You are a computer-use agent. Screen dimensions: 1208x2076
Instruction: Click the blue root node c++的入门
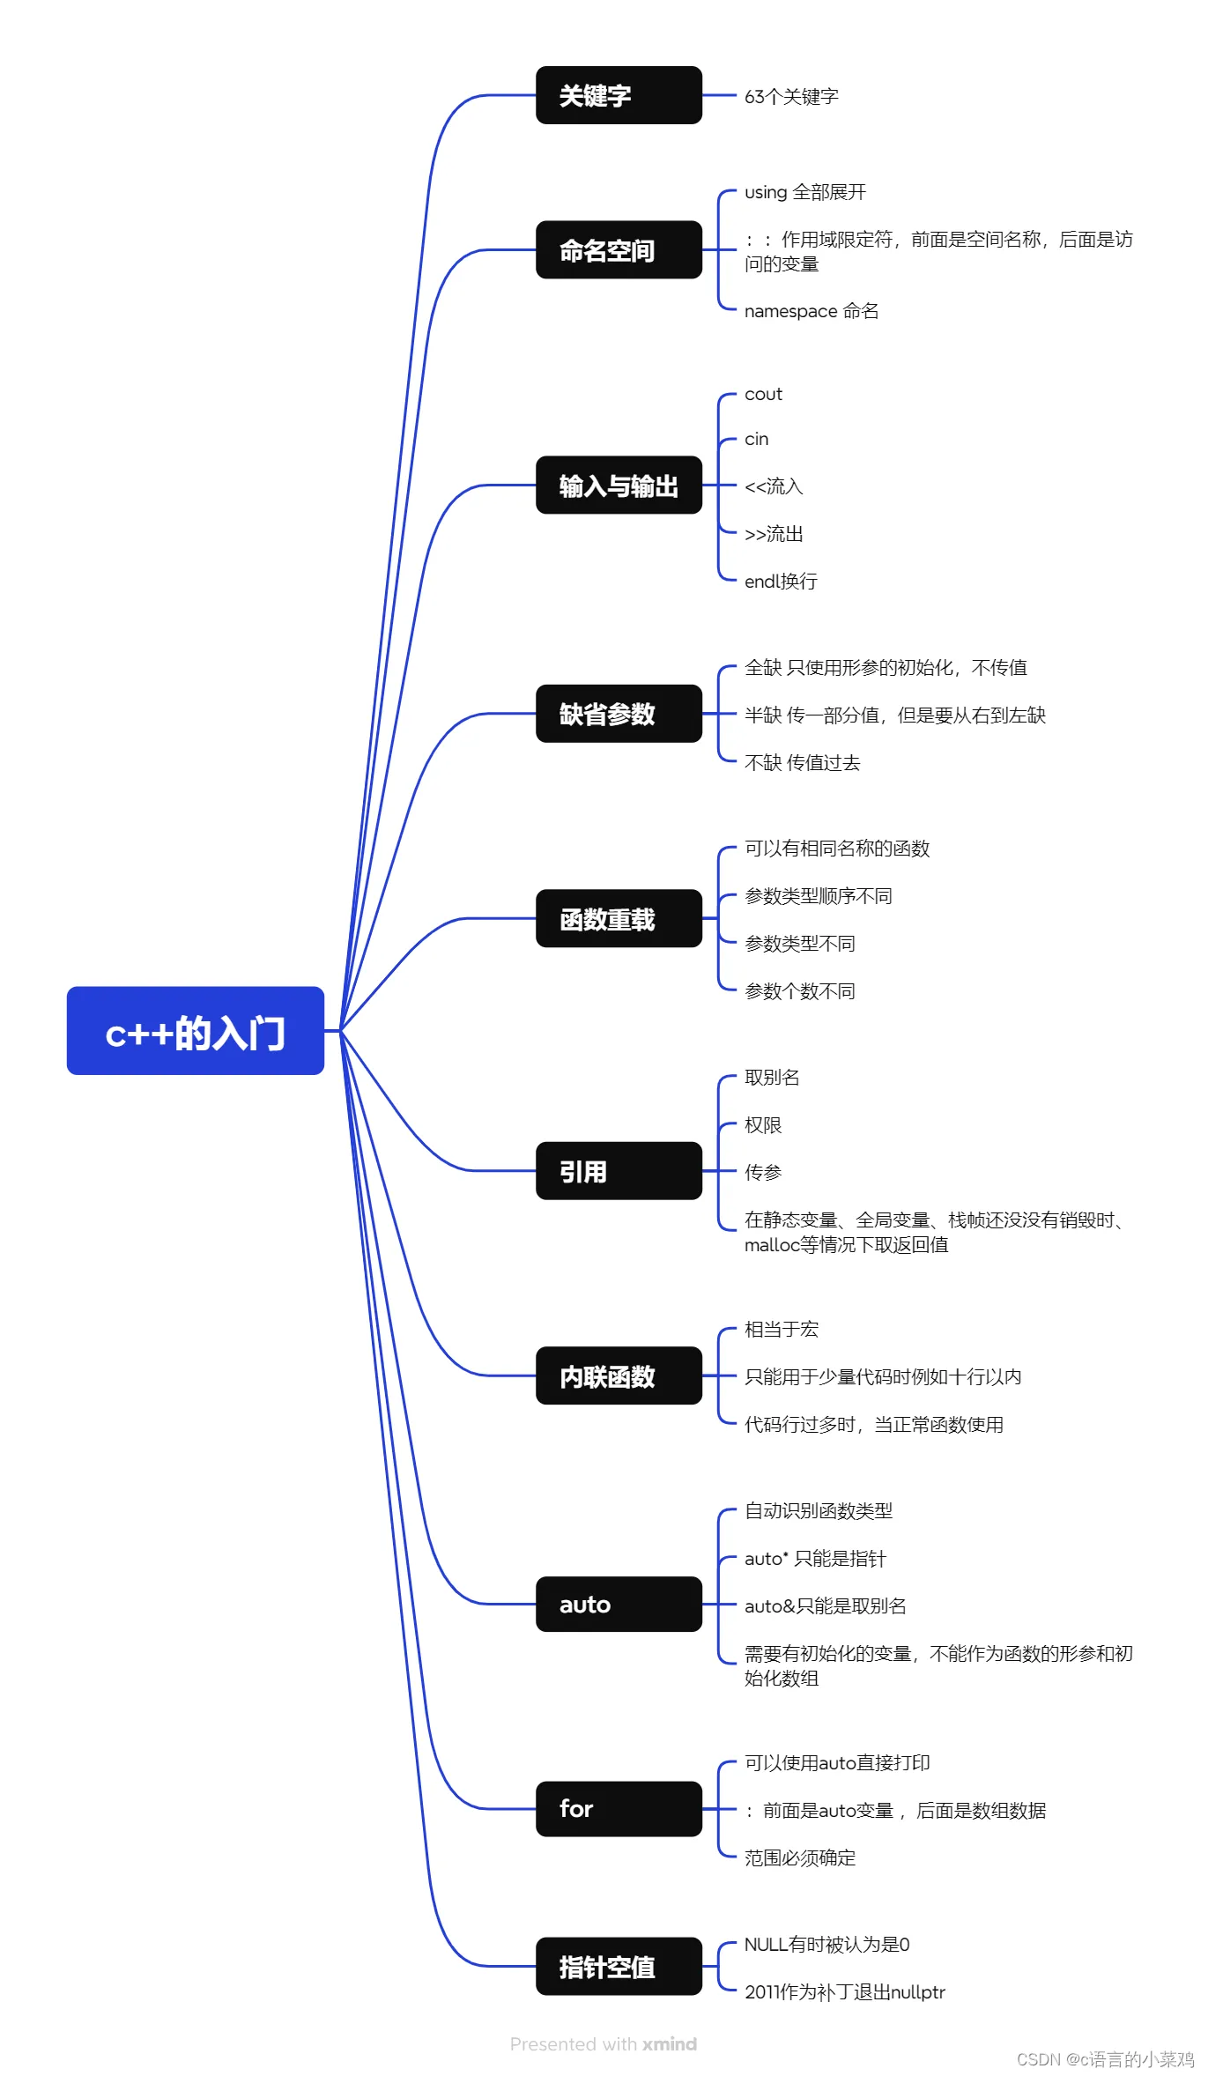click(x=196, y=1030)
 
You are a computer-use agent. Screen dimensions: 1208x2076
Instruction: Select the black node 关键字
click(x=619, y=95)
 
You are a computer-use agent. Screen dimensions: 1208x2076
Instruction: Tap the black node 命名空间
click(x=619, y=250)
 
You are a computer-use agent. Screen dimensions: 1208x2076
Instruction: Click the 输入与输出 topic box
click(x=619, y=485)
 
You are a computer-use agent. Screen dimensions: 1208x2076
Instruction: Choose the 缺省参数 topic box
click(x=619, y=714)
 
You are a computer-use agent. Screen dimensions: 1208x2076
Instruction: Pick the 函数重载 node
click(x=619, y=918)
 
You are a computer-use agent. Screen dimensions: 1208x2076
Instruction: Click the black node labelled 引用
click(x=619, y=1171)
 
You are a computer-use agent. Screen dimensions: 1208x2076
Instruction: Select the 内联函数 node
click(x=619, y=1375)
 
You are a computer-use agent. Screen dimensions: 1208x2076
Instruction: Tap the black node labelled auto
click(x=619, y=1605)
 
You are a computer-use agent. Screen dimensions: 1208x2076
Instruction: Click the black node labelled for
click(x=619, y=1809)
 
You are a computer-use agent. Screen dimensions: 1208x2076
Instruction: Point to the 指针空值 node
click(x=619, y=1966)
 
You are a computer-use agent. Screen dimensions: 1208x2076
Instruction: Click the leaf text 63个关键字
click(x=791, y=96)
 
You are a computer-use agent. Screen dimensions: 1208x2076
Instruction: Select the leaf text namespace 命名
click(x=812, y=311)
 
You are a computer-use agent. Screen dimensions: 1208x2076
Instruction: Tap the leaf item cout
click(x=763, y=394)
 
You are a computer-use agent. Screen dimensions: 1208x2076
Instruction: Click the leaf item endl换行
click(x=781, y=581)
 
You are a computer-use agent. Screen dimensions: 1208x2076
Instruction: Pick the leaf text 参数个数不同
click(x=800, y=991)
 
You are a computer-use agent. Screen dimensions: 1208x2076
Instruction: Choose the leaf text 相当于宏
click(x=782, y=1329)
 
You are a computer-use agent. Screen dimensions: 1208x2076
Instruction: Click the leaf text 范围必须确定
click(x=800, y=1857)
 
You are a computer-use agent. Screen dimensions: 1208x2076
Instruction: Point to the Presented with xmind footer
click(x=604, y=2044)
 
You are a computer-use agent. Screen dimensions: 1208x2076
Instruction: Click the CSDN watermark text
click(x=1106, y=2059)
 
